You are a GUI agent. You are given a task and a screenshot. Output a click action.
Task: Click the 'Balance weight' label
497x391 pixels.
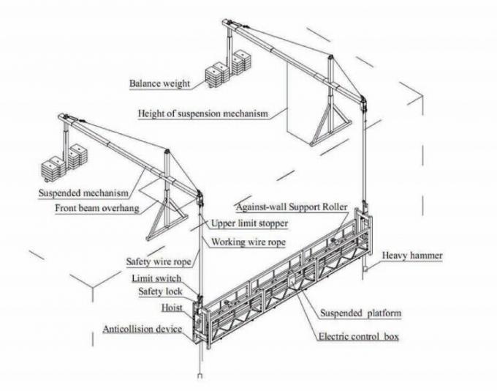tap(159, 83)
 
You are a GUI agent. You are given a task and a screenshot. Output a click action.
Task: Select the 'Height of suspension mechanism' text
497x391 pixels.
tap(203, 113)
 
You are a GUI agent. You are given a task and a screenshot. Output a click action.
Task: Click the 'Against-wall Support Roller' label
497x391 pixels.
tap(292, 208)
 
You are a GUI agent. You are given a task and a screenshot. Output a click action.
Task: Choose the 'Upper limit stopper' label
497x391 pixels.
tap(249, 223)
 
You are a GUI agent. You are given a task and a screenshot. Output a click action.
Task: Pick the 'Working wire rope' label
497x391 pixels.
tap(247, 241)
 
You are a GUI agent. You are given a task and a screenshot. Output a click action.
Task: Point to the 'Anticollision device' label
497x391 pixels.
tap(142, 330)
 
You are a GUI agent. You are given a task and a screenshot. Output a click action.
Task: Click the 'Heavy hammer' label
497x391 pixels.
tap(412, 256)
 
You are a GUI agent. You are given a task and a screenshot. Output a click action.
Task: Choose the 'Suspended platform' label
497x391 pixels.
tap(361, 313)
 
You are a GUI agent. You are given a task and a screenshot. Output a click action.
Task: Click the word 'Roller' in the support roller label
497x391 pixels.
tap(332, 208)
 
